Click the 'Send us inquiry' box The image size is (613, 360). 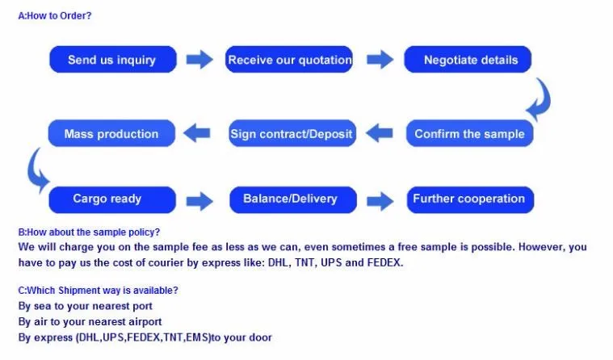click(x=112, y=60)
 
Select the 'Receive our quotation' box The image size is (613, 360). click(x=290, y=60)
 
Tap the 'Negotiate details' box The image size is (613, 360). click(x=470, y=60)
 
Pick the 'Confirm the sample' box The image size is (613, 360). click(x=469, y=134)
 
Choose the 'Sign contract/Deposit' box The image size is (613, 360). click(x=291, y=134)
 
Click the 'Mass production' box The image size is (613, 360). click(x=111, y=134)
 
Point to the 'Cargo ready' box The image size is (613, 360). click(x=112, y=199)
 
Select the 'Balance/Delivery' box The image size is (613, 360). click(x=290, y=199)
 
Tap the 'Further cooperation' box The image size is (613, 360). click(x=469, y=199)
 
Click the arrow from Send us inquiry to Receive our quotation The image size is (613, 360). click(x=199, y=60)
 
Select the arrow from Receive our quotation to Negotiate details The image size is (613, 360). click(x=380, y=60)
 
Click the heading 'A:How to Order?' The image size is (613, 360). click(x=54, y=15)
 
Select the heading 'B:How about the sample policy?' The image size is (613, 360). click(x=89, y=232)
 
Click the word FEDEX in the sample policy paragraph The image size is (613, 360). click(x=383, y=262)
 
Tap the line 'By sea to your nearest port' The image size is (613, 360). click(x=85, y=306)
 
